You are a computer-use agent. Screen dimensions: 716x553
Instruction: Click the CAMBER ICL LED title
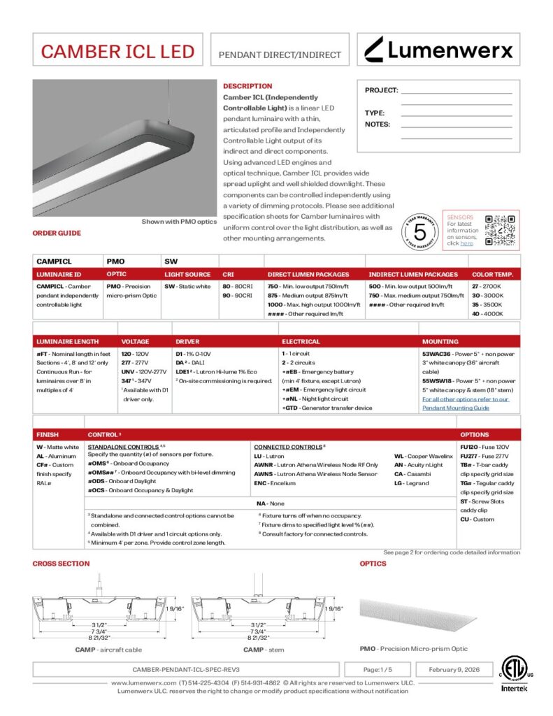tap(117, 51)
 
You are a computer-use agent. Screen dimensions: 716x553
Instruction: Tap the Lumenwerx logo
tap(438, 50)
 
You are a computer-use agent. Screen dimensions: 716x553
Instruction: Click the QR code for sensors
tap(500, 229)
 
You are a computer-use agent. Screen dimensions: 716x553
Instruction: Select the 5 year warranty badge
tap(420, 231)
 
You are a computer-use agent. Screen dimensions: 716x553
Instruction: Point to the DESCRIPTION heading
tap(247, 86)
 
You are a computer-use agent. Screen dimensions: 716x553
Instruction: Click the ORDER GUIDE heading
tap(57, 233)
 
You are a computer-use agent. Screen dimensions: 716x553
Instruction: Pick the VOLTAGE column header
tap(135, 342)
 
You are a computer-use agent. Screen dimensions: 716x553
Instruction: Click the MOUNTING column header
tap(440, 342)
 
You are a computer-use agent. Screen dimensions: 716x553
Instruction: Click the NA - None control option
tap(270, 503)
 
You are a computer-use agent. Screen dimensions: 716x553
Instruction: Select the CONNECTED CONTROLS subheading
tap(289, 446)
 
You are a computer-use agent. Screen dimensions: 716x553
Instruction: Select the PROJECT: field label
tap(381, 90)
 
